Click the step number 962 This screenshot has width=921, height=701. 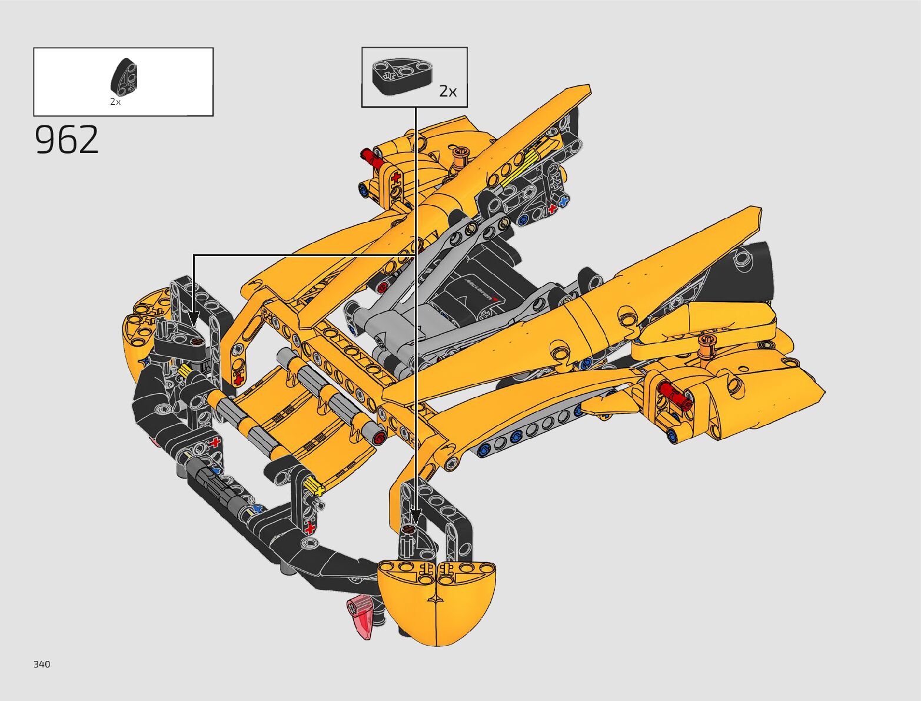pos(67,139)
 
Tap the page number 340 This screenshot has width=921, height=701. pos(42,664)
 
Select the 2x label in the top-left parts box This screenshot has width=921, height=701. pos(115,101)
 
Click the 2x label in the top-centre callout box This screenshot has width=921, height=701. pos(448,91)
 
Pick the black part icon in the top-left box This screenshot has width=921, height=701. pos(124,77)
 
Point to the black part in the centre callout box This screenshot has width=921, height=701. pos(402,75)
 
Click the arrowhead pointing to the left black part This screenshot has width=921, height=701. pos(193,318)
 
